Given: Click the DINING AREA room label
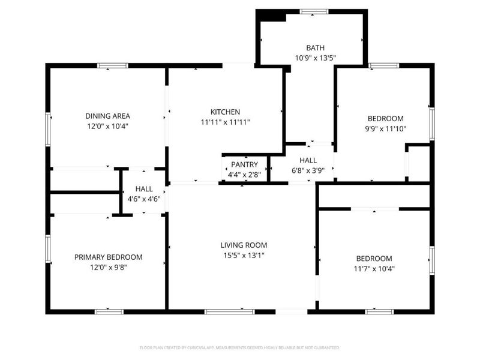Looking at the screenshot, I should [x=107, y=116].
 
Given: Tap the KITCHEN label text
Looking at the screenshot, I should [x=225, y=112].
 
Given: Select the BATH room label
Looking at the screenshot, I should [x=314, y=48].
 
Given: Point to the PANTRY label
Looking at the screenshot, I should [x=244, y=164].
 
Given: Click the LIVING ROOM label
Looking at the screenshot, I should [x=243, y=245].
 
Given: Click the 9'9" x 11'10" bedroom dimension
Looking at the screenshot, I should [x=385, y=128].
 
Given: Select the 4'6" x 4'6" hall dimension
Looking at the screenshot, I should [x=143, y=199].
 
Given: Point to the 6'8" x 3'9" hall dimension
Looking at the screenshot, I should [x=308, y=170].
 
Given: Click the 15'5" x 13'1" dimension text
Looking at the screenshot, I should [x=243, y=255].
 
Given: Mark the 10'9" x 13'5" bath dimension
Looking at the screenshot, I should [x=314, y=58].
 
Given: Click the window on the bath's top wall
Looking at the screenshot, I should [x=314, y=11].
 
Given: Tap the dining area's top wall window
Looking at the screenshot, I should [x=113, y=65].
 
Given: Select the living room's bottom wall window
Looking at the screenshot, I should [x=230, y=311].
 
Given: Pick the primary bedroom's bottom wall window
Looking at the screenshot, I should [x=109, y=311].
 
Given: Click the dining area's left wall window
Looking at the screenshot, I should [x=48, y=129].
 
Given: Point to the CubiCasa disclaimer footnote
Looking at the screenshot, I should [x=239, y=347].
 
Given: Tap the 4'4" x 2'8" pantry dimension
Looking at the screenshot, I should [x=244, y=175].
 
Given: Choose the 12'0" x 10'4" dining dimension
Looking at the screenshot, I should [x=107, y=126].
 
